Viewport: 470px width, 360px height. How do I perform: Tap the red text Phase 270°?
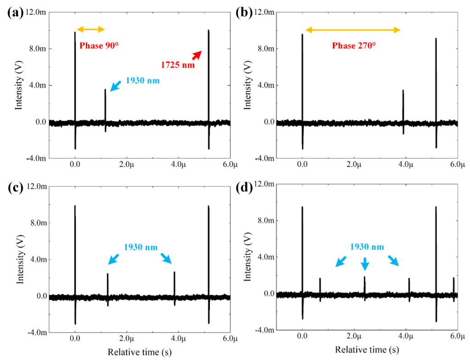353,45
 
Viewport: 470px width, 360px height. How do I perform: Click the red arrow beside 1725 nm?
196,55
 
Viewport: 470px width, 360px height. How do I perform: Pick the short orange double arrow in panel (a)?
90,30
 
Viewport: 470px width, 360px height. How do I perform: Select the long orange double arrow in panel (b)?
353,30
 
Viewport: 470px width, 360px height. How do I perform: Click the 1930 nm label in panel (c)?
140,247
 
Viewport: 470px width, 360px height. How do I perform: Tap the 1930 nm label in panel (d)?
367,247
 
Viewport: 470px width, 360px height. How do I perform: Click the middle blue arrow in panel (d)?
365,264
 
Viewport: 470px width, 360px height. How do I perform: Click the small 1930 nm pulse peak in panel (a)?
105,90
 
